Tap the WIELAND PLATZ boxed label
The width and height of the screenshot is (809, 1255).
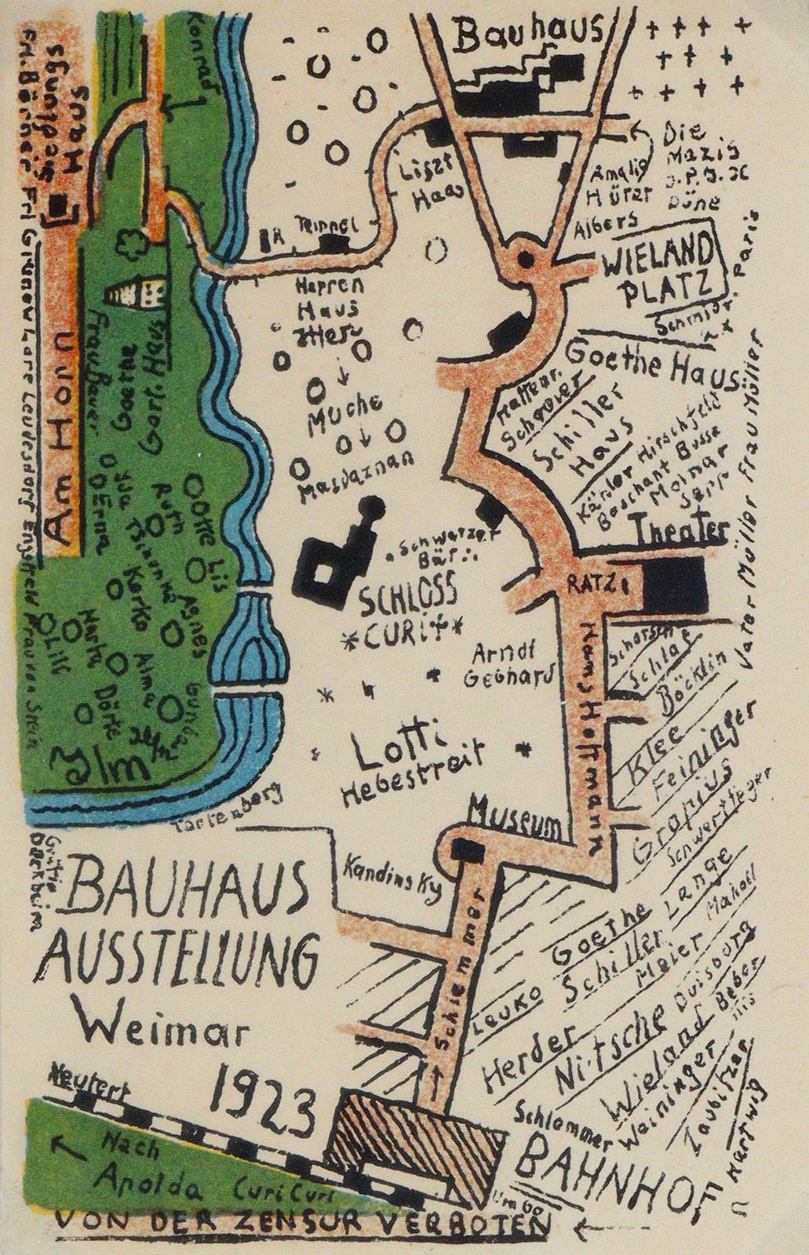click(x=669, y=271)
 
